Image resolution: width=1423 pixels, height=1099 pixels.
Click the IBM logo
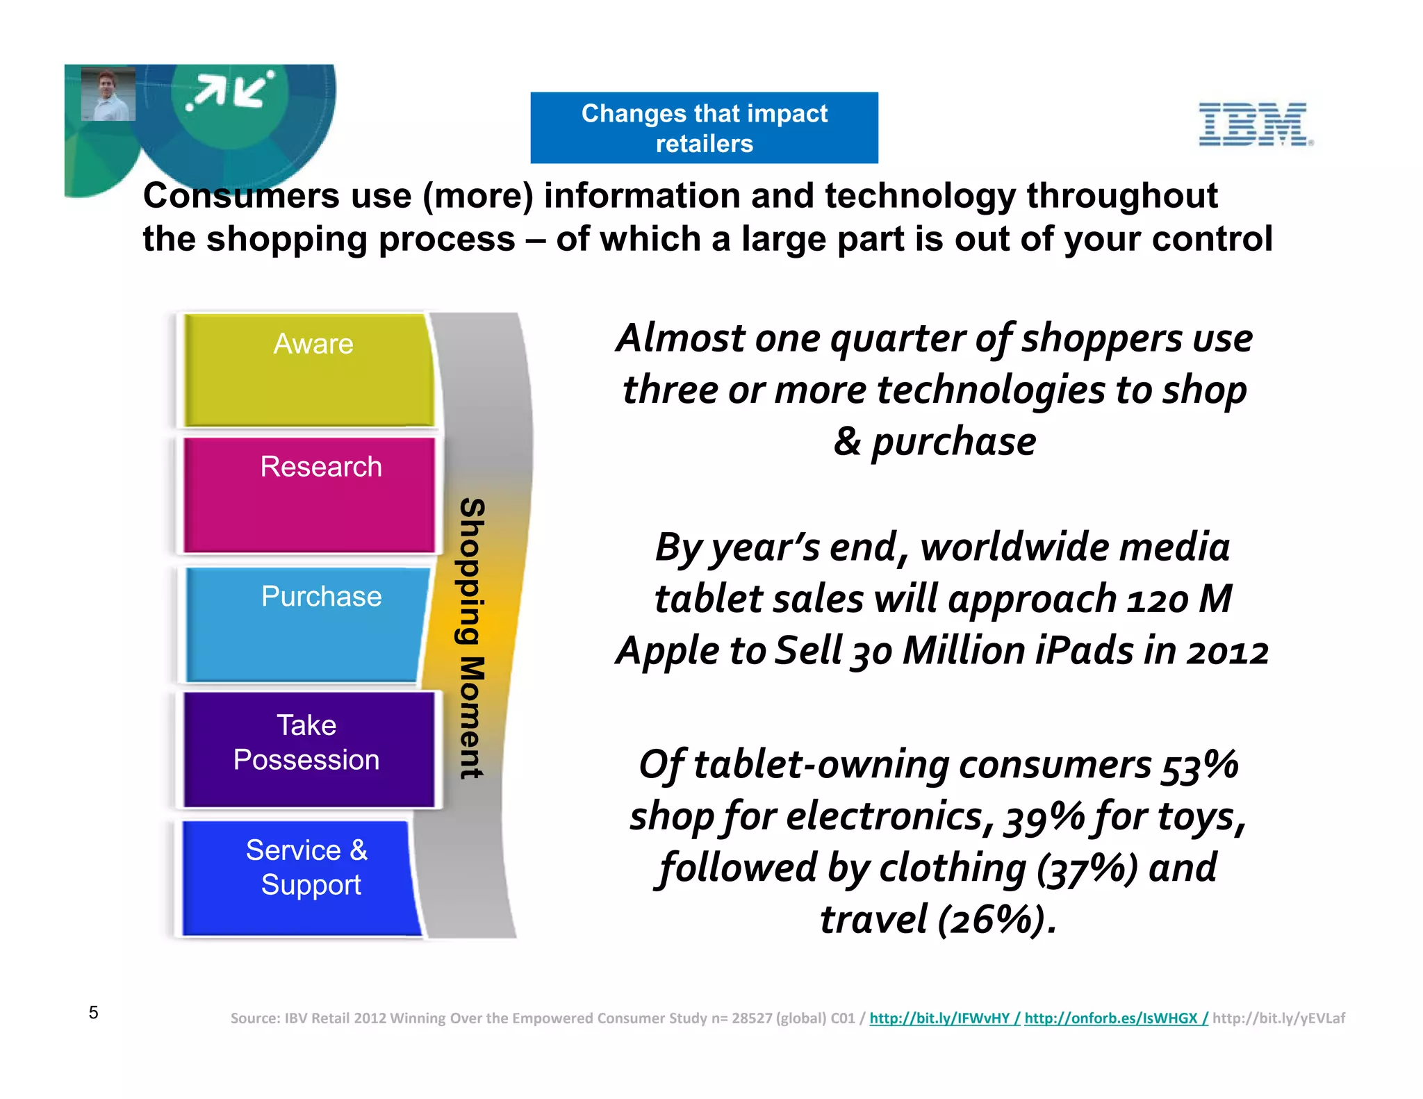point(1255,124)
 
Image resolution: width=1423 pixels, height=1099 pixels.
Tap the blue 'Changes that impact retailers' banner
point(704,128)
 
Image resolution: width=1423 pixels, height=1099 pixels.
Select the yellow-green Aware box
point(309,370)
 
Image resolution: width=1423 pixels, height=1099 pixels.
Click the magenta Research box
point(309,495)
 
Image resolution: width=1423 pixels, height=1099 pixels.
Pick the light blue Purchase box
point(306,624)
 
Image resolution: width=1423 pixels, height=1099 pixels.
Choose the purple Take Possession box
point(309,749)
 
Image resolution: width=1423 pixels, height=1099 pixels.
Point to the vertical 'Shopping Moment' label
point(472,638)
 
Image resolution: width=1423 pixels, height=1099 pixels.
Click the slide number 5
point(94,1012)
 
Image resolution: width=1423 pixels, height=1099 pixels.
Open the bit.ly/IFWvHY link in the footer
point(939,1018)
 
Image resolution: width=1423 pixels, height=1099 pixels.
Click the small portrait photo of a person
point(108,94)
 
